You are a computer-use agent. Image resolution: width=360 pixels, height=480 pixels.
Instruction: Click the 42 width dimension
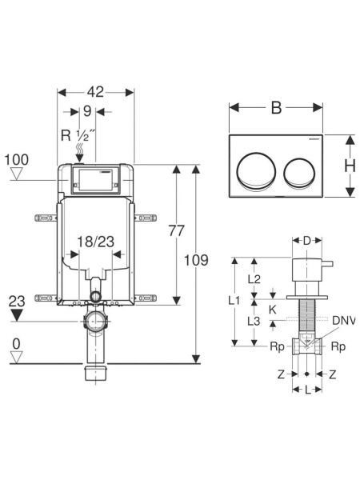pos(95,92)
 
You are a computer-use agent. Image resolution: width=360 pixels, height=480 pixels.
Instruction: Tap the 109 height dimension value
pos(196,260)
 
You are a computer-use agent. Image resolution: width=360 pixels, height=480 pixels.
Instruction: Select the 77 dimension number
pos(177,231)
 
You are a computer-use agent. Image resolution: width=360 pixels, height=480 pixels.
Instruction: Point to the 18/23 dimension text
pos(95,242)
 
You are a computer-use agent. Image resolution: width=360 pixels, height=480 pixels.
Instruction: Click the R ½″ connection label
pos(78,135)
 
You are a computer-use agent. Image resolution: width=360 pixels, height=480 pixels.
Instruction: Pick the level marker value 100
pos(17,160)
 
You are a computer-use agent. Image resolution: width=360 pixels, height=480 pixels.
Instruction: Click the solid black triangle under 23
pos(17,315)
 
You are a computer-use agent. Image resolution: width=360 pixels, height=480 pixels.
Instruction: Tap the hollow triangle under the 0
pos(17,357)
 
